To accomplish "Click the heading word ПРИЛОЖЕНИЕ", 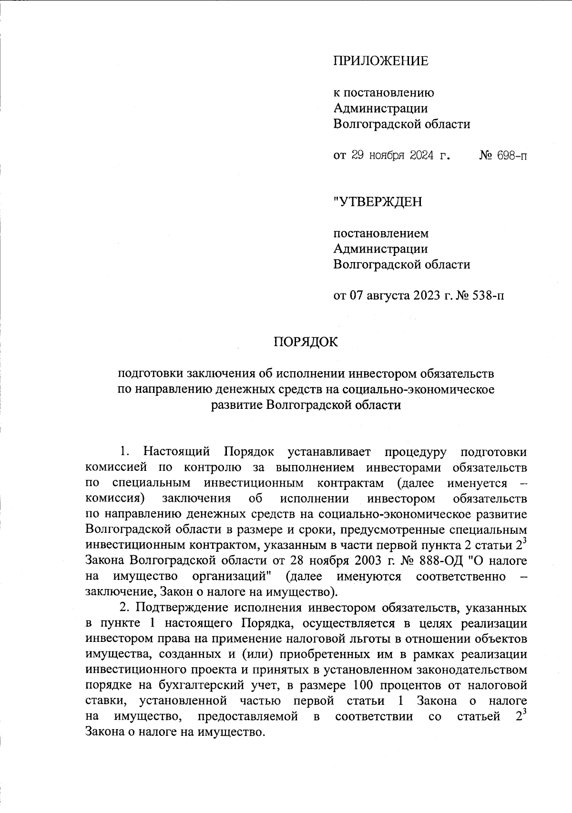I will pos(380,61).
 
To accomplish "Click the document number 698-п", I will pos(510,155).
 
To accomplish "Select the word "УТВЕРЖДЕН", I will pos(378,202).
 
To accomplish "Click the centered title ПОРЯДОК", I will pos(305,342).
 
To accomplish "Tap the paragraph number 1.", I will pos(124,451).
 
